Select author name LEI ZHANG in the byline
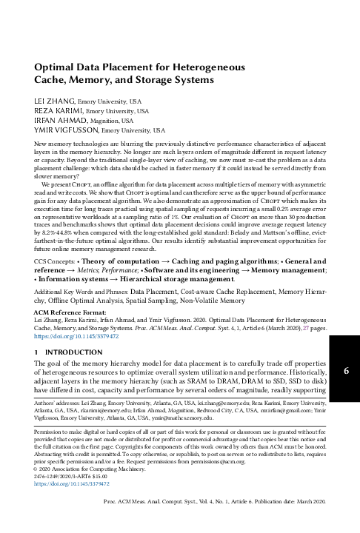point(55,99)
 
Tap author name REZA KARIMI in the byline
point(59,110)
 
